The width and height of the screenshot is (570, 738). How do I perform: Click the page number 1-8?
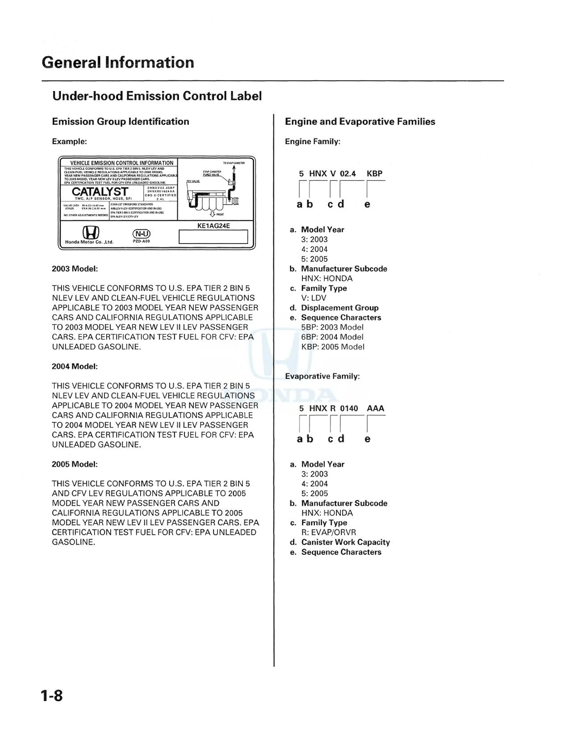[52, 696]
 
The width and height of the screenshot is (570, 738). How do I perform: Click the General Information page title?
[118, 62]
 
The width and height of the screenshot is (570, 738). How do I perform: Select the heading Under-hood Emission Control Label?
[157, 96]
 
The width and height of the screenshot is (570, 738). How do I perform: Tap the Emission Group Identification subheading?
[120, 122]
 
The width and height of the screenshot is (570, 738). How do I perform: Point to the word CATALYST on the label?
[100, 191]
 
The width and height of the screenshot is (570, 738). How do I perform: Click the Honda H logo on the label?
[90, 233]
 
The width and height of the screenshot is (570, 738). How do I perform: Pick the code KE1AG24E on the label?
[213, 226]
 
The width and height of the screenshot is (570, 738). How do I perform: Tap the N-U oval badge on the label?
[142, 233]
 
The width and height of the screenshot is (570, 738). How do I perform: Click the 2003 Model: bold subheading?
[75, 269]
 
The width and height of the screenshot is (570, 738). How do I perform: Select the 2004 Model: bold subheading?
[75, 367]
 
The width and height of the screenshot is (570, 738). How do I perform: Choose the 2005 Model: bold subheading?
[75, 464]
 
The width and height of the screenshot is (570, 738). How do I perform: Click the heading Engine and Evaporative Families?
[360, 122]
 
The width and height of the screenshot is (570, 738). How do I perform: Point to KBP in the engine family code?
[374, 174]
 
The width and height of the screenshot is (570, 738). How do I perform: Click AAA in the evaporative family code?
[375, 408]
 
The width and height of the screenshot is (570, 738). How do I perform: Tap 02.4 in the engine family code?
[348, 174]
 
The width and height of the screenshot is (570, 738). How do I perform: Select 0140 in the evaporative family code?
[349, 408]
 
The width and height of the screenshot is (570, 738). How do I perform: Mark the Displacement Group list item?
[339, 308]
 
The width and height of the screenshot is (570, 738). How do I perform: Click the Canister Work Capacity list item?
[345, 542]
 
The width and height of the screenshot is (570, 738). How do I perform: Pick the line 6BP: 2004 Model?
[332, 337]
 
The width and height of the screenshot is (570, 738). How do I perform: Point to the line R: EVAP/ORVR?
[329, 532]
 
